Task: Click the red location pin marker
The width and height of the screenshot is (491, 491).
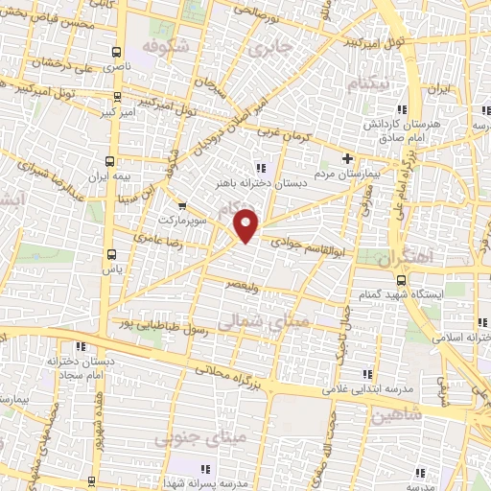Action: pos(246,226)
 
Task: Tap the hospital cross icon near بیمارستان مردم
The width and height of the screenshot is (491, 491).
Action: pos(348,158)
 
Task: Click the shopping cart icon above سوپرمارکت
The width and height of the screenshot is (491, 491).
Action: pos(183,204)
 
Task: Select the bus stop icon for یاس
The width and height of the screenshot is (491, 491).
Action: pos(113,254)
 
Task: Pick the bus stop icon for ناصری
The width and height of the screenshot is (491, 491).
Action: pos(116,52)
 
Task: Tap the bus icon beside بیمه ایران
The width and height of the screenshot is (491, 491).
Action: pos(108,161)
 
